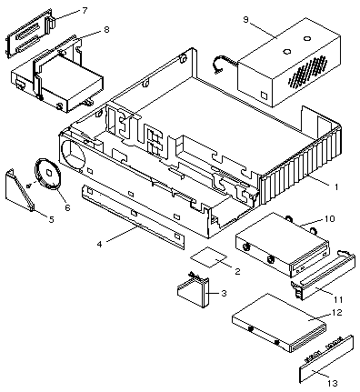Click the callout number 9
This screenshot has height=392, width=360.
pyautogui.click(x=245, y=19)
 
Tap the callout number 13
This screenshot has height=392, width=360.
pyautogui.click(x=333, y=383)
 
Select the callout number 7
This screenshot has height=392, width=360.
pyautogui.click(x=85, y=10)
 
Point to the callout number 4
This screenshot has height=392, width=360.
pyautogui.click(x=100, y=244)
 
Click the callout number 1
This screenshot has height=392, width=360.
pyautogui.click(x=335, y=186)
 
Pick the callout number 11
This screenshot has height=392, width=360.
pyautogui.click(x=338, y=299)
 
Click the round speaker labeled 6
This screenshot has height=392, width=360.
pyautogui.click(x=47, y=173)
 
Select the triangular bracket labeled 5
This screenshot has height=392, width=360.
pyautogui.click(x=20, y=190)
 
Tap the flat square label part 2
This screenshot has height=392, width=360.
pyautogui.click(x=209, y=257)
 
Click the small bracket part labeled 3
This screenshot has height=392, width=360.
pyautogui.click(x=194, y=292)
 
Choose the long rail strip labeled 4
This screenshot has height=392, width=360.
pyautogui.click(x=133, y=216)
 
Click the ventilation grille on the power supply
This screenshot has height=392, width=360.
pyautogui.click(x=307, y=71)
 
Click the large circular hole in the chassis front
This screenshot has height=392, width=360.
pyautogui.click(x=73, y=155)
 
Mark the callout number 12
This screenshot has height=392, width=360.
pyautogui.click(x=337, y=312)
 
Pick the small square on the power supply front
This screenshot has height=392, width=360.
pyautogui.click(x=264, y=95)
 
